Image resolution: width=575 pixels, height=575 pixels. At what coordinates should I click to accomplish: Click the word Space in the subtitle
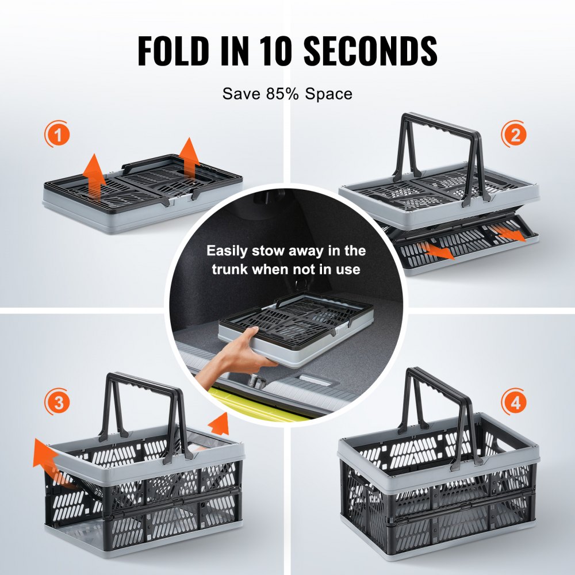point(328,94)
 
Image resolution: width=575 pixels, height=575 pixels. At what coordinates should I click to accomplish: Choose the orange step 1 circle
point(57,136)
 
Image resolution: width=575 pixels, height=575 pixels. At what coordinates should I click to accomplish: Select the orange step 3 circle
point(58,403)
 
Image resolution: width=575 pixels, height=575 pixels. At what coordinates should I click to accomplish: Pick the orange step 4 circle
point(514,402)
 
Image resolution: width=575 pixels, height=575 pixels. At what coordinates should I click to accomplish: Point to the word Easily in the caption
point(230,251)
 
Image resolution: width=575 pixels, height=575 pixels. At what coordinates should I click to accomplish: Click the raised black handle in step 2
point(440,144)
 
